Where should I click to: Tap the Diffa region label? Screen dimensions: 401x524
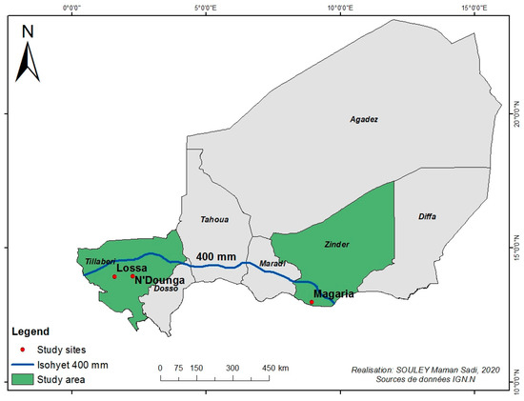[427, 216]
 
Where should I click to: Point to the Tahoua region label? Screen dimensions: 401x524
[214, 219]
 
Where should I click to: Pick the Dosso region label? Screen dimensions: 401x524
[167, 288]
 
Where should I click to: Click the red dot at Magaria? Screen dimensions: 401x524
[312, 303]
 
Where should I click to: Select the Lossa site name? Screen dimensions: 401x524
[131, 269]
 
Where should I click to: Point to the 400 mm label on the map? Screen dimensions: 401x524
[216, 256]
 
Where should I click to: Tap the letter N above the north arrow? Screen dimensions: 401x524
[29, 30]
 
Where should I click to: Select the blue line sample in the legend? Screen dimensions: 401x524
[24, 366]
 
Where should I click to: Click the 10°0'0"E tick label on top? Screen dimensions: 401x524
[340, 8]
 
